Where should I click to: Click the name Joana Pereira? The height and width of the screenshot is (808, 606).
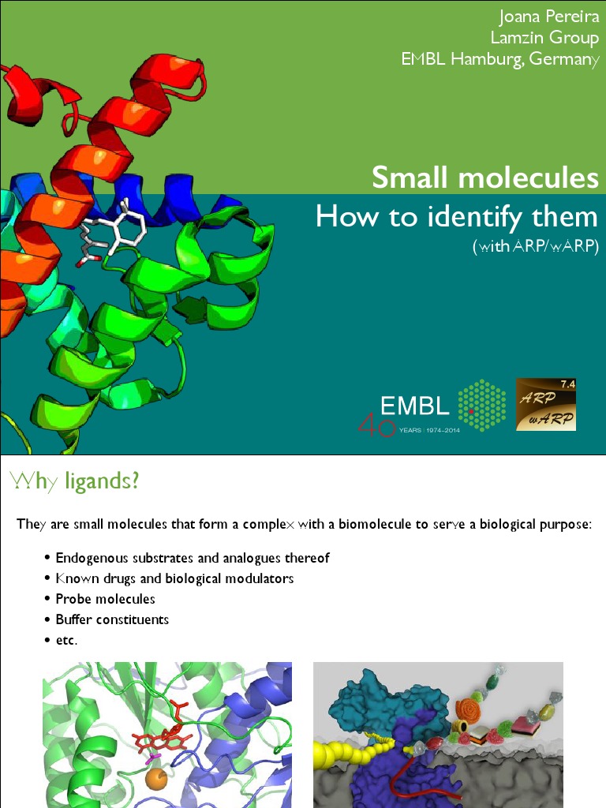(x=548, y=17)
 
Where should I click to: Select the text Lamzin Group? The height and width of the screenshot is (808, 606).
(x=544, y=38)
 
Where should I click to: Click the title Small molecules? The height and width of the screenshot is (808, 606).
(x=484, y=178)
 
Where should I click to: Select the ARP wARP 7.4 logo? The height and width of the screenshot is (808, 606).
(x=546, y=404)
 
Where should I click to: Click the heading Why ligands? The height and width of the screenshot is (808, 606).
(x=73, y=480)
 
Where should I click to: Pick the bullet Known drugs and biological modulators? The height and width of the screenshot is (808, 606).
(x=174, y=578)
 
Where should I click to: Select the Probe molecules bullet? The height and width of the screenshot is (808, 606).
(x=105, y=599)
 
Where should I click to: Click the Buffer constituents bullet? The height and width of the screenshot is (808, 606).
(x=112, y=619)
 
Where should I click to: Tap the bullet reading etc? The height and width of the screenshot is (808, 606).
(x=66, y=640)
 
